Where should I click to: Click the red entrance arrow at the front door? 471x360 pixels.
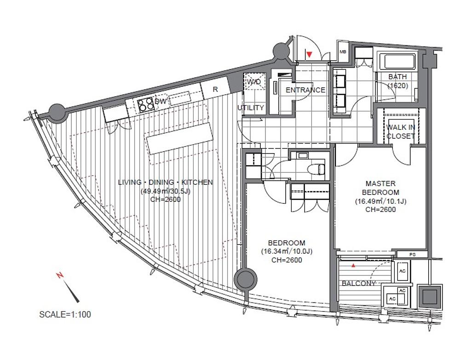pyautogui.click(x=310, y=54)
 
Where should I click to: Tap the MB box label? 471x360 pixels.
pyautogui.click(x=343, y=51)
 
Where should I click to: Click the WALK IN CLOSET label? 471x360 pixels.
pyautogui.click(x=401, y=131)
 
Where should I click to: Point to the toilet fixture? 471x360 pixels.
pyautogui.click(x=317, y=169)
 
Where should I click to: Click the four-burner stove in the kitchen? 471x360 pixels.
pyautogui.click(x=145, y=104)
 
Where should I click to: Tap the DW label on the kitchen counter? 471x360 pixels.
pyautogui.click(x=161, y=102)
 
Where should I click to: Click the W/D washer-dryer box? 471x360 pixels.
pyautogui.click(x=254, y=81)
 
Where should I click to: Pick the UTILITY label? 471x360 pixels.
pyautogui.click(x=251, y=108)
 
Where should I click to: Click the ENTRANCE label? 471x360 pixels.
pyautogui.click(x=305, y=90)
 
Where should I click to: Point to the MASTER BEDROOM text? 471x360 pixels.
pyautogui.click(x=380, y=188)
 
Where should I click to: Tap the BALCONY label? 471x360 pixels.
pyautogui.click(x=359, y=283)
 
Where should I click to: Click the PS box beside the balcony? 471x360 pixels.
pyautogui.click(x=413, y=254)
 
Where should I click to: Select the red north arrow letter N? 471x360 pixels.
pyautogui.click(x=60, y=275)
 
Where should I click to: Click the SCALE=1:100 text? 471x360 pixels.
pyautogui.click(x=65, y=314)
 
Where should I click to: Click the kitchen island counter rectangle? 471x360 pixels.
pyautogui.click(x=179, y=138)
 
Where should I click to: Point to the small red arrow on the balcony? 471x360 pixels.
pyautogui.click(x=354, y=265)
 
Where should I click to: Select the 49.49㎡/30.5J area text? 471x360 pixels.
pyautogui.click(x=166, y=191)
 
